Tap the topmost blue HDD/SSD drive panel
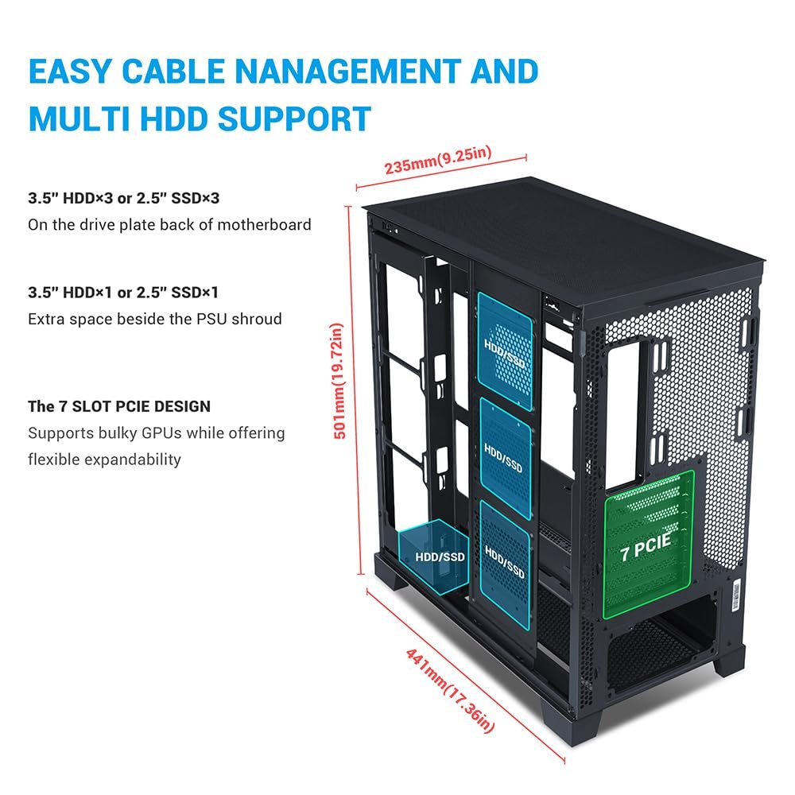point(504,350)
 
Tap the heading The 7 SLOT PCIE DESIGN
point(119,406)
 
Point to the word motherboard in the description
point(262,225)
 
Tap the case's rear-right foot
point(731,659)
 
